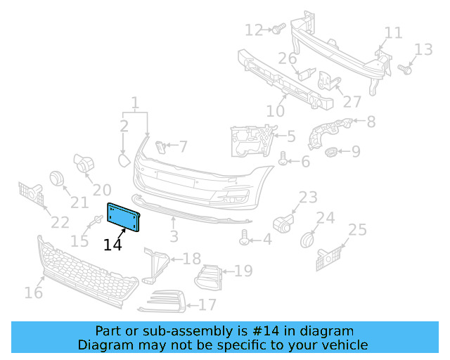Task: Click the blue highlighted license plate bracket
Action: (x=123, y=216)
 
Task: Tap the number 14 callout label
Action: (x=112, y=245)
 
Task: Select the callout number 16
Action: (x=34, y=292)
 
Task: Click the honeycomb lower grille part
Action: (x=88, y=274)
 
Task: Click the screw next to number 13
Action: (x=405, y=69)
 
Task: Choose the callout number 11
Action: (x=393, y=32)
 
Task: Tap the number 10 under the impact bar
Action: (x=275, y=111)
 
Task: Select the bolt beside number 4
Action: (x=245, y=238)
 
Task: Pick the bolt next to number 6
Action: (x=283, y=160)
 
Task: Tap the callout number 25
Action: (x=357, y=229)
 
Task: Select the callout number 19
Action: (x=243, y=271)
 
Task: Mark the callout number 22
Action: (x=60, y=222)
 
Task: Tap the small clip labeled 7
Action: (x=160, y=146)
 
